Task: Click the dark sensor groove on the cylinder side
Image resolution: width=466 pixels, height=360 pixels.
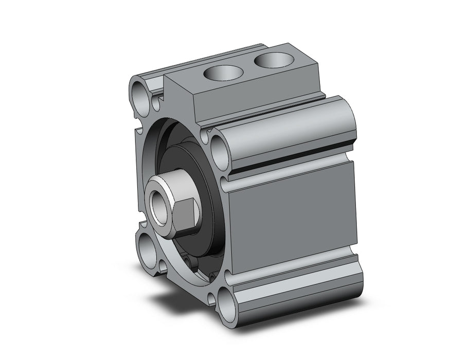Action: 293,159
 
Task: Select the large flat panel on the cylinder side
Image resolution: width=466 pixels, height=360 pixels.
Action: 293,216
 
